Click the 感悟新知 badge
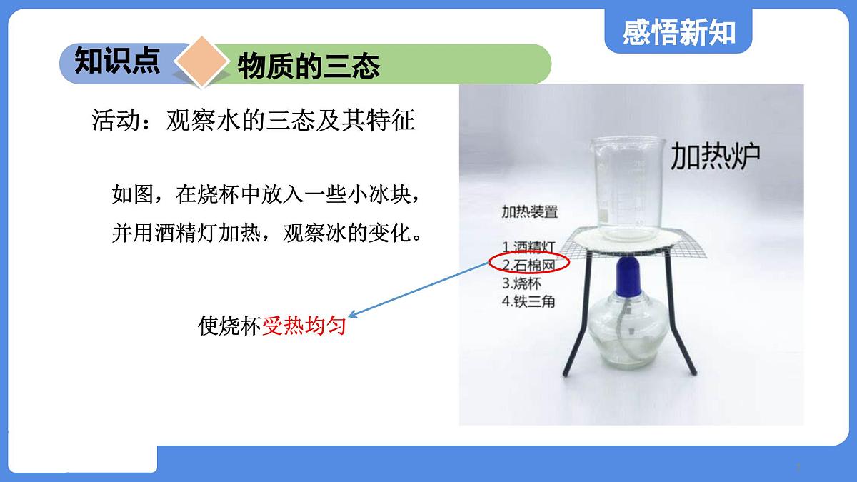678,32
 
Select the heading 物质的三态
309,66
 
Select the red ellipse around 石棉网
529,263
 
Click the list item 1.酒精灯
528,247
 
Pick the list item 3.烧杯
522,283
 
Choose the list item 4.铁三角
528,301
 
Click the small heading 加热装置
529,212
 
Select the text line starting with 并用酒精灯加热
265,234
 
